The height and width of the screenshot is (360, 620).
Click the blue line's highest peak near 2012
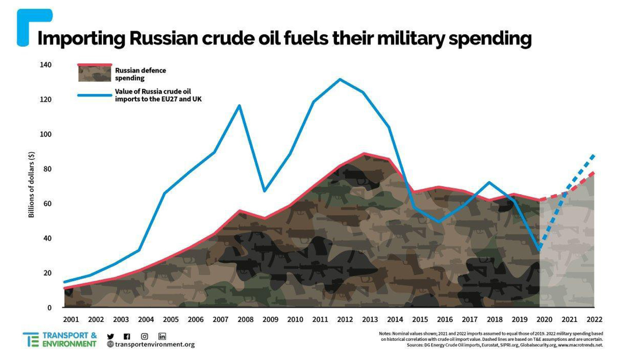[x=340, y=80]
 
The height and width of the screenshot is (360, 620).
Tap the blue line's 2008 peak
[x=239, y=106]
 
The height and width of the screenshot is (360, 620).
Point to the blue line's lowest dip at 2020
[x=539, y=249]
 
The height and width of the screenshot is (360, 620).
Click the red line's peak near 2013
[x=364, y=154]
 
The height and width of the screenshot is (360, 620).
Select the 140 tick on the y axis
[x=46, y=65]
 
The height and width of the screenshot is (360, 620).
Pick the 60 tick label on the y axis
[x=47, y=204]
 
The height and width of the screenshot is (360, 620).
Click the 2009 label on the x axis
[x=270, y=319]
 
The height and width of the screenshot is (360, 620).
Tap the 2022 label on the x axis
[x=594, y=319]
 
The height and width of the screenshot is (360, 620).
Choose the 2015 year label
[x=420, y=319]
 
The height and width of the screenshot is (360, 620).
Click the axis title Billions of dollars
[x=31, y=185]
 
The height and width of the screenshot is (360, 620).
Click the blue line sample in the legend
[x=95, y=95]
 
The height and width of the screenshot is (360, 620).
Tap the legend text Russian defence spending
[x=140, y=74]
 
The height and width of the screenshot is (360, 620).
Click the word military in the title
[x=411, y=38]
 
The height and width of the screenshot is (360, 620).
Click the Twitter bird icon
[x=110, y=336]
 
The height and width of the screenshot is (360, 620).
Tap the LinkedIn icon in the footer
[x=162, y=336]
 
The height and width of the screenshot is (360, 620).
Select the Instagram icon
[x=144, y=336]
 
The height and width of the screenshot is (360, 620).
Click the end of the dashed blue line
[x=593, y=155]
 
